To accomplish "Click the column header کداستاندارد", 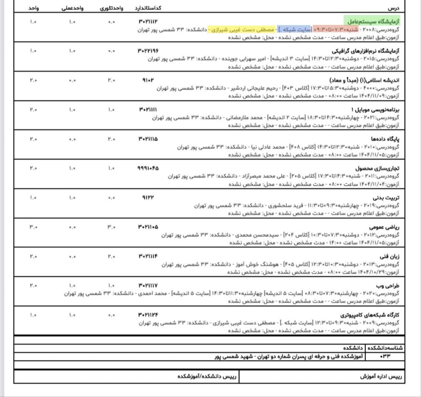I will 148,8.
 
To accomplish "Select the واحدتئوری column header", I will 111,8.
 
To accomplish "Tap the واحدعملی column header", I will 72,8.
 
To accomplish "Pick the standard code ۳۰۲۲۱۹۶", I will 148,51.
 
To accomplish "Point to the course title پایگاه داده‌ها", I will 385,139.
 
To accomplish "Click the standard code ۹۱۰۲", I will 148,80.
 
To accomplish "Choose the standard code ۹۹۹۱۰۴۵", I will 148,168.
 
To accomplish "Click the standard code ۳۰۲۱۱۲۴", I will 148,315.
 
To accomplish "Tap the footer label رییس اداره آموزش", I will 381,377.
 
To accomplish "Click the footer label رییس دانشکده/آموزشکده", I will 207,377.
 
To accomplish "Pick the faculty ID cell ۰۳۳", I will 385,356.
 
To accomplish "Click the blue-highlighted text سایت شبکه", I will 294,29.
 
